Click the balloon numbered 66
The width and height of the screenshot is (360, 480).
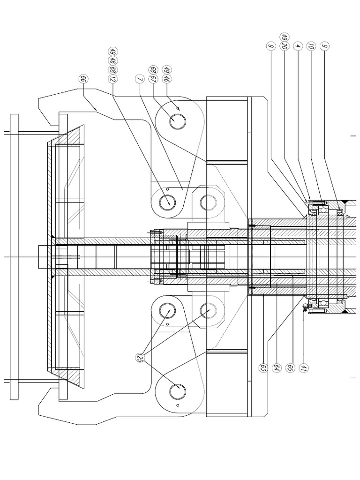tap(83, 79)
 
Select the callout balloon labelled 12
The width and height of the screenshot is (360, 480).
tap(112, 79)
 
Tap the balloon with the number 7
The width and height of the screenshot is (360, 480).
tap(139, 79)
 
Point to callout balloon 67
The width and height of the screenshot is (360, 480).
tap(153, 79)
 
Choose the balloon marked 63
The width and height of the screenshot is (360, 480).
tap(263, 367)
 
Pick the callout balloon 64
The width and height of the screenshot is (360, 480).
tap(277, 367)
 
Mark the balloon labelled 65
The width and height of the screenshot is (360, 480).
tap(290, 367)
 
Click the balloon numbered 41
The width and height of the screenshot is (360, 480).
tap(304, 367)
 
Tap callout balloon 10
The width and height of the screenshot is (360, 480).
tap(311, 46)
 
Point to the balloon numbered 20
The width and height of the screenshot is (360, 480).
tap(284, 46)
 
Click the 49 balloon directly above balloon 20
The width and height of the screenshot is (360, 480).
tap(284, 37)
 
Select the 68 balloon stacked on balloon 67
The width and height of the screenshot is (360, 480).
tap(153, 70)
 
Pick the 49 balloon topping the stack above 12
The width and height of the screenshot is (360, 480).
tap(112, 52)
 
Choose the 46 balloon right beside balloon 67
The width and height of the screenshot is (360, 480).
tap(166, 79)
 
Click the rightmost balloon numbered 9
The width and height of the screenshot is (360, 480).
tap(324, 46)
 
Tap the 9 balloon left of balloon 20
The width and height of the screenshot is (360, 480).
tap(270, 46)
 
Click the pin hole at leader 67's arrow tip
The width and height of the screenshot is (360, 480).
tap(178, 121)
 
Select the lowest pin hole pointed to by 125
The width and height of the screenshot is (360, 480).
tap(178, 392)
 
